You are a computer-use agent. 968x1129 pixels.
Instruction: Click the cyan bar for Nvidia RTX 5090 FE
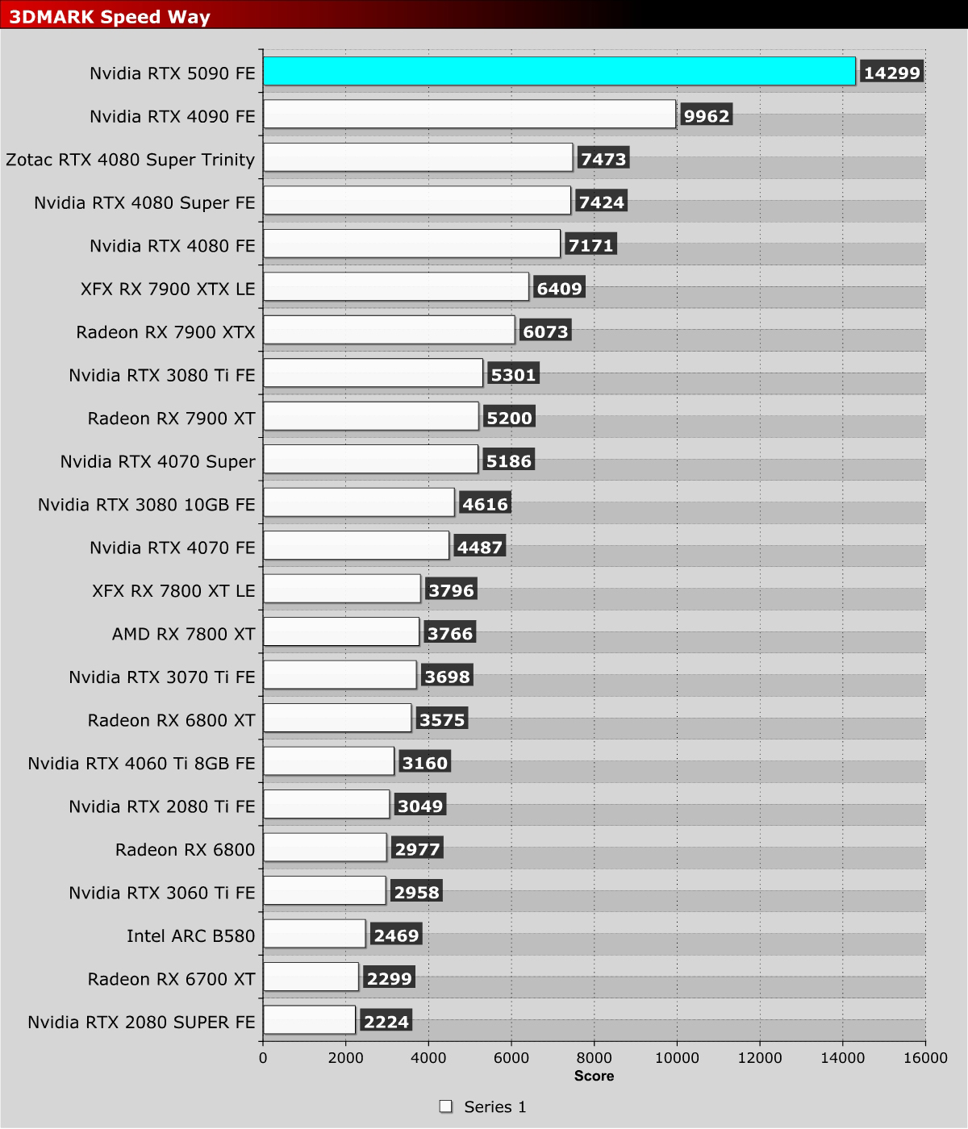[559, 72]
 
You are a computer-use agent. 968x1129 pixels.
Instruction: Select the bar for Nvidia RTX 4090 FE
[469, 115]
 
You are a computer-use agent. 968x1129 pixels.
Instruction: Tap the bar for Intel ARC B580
[315, 934]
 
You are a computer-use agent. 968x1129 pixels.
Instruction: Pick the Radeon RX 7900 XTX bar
[389, 330]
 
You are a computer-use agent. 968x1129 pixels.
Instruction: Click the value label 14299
[891, 73]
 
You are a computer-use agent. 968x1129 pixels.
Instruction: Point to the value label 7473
[603, 159]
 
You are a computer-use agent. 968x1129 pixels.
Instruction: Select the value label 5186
[508, 460]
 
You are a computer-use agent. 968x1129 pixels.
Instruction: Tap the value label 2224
[386, 1021]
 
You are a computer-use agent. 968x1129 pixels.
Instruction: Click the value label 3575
[441, 719]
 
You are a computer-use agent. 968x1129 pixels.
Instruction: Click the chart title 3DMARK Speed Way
[110, 17]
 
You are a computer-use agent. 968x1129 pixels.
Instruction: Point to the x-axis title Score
[594, 1076]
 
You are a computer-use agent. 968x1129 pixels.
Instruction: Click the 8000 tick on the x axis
[594, 1058]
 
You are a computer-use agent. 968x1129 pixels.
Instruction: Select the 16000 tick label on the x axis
[925, 1058]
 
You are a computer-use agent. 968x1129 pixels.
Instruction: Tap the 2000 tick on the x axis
[345, 1058]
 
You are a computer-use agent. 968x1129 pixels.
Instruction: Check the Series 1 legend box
[445, 1106]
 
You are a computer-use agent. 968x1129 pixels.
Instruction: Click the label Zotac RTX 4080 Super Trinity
[130, 160]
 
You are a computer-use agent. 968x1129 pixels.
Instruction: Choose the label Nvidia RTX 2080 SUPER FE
[141, 1022]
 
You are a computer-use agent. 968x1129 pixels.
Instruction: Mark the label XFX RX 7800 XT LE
[173, 590]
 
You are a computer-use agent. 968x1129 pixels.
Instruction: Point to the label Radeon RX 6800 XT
[171, 720]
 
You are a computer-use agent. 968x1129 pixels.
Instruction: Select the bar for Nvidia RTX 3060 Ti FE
[324, 890]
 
